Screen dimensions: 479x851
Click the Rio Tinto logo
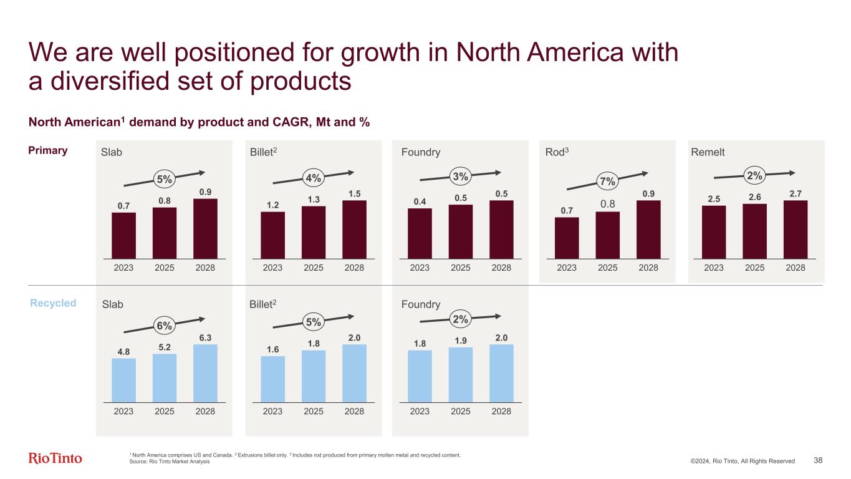[x=55, y=458]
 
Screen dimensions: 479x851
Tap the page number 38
[x=819, y=460]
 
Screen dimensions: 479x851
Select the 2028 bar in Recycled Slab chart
[x=205, y=373]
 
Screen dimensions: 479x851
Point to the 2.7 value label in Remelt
[x=796, y=195]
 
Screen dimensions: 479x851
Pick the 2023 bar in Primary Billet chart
[x=272, y=235]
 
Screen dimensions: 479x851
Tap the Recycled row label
[x=54, y=303]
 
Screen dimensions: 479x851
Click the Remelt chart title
[x=708, y=152]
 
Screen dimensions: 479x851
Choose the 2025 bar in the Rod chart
[x=608, y=235]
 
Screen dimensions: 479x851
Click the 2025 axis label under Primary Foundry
[x=460, y=268]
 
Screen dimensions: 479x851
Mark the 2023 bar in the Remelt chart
[x=714, y=231]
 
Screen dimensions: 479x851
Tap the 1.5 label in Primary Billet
[x=354, y=194]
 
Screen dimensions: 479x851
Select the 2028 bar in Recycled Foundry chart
[x=501, y=373]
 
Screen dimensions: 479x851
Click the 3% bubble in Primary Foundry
[x=460, y=177]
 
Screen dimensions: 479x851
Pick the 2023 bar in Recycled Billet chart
[x=272, y=379]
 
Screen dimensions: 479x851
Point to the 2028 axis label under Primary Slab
[x=205, y=268]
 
